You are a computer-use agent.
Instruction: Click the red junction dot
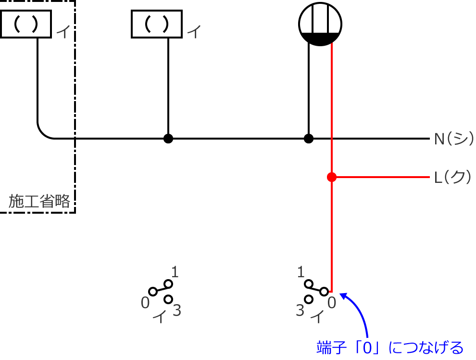pos(331,177)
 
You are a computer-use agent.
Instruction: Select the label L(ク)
pos(452,178)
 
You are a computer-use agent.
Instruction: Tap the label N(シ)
pos(452,139)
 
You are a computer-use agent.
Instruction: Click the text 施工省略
pos(39,201)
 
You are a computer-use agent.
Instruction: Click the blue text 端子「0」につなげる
pos(390,347)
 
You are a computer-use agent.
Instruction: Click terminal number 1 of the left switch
pos(175,272)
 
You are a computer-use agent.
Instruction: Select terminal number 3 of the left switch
pos(176,311)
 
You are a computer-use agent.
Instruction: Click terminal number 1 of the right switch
pos(301,272)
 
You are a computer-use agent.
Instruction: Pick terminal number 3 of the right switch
pos(300,311)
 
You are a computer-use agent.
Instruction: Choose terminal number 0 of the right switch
pos(331,302)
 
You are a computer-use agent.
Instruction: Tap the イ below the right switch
pos(318,317)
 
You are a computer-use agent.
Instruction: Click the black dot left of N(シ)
pos(309,139)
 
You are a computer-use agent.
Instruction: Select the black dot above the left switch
pos(168,139)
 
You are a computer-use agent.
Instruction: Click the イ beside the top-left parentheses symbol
pos(63,33)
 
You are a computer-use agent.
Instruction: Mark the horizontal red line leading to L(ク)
pos(382,177)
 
